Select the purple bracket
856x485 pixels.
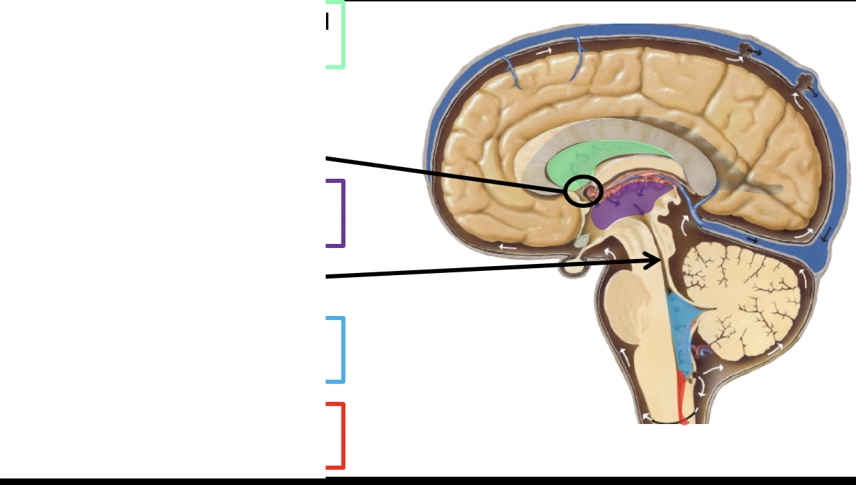point(342,213)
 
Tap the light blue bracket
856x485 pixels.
point(342,350)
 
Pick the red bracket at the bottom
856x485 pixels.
point(342,435)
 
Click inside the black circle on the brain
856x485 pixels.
point(583,191)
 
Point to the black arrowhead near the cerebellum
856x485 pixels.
point(652,261)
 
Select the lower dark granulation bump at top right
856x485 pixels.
point(805,81)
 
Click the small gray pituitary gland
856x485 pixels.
point(581,242)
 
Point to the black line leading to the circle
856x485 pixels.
point(444,174)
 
